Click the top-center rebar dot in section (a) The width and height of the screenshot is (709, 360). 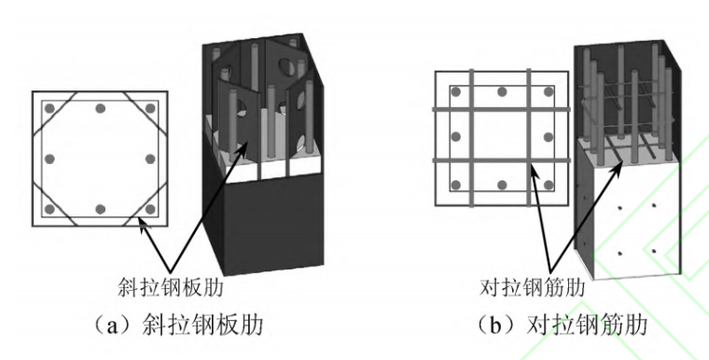point(99,107)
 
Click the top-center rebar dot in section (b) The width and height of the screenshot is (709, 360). point(502,93)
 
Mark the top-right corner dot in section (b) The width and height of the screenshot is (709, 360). point(549,93)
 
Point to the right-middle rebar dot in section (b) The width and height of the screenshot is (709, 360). point(549,136)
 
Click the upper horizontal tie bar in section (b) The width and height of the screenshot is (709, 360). point(502,112)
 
